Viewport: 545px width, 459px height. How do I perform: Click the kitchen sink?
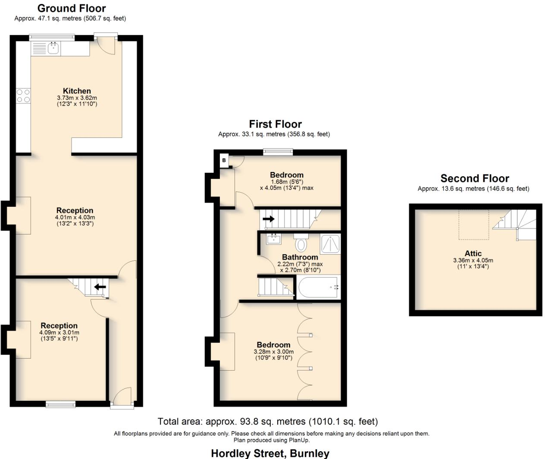(x=53, y=48)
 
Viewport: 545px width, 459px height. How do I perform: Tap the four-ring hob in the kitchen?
(x=23, y=96)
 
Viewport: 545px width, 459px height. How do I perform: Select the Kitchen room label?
(x=77, y=91)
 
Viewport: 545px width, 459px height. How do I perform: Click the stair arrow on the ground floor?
(x=100, y=287)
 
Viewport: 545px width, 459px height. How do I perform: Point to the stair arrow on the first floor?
(x=269, y=219)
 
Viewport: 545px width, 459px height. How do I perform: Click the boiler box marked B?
(x=224, y=160)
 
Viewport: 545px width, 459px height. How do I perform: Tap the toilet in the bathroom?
(x=301, y=244)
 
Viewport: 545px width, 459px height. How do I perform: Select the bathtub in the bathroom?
(x=318, y=287)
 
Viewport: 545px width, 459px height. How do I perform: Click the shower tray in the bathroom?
(x=330, y=244)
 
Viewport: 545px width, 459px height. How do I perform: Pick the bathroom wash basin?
(x=274, y=238)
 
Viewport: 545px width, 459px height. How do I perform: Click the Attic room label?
(x=473, y=253)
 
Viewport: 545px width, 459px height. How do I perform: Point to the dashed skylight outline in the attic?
(x=473, y=225)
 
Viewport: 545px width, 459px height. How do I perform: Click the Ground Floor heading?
(x=72, y=8)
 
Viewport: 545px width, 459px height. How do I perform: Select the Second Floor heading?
(x=475, y=178)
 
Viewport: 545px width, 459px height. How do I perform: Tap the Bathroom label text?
(x=300, y=257)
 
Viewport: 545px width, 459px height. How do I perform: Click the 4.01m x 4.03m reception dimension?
(x=75, y=217)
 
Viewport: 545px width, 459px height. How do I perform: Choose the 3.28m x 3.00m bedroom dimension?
(x=273, y=352)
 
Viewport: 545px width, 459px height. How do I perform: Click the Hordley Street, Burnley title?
(x=270, y=453)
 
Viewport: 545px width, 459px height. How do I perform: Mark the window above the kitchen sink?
(x=52, y=37)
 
